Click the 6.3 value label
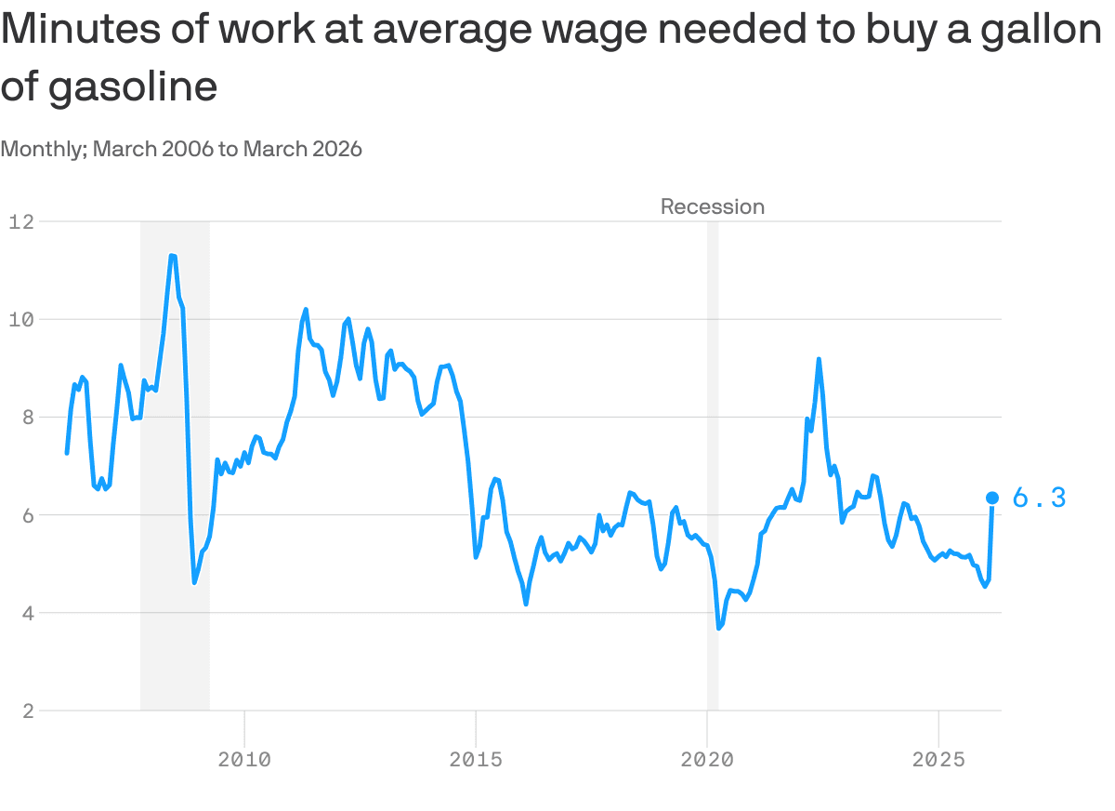pyautogui.click(x=1038, y=499)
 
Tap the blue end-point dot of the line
pyautogui.click(x=992, y=499)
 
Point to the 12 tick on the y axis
pyautogui.click(x=21, y=221)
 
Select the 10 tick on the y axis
pyautogui.click(x=21, y=319)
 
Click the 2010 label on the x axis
pyautogui.click(x=244, y=760)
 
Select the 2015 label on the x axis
pyautogui.click(x=476, y=760)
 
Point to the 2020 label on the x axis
pyautogui.click(x=707, y=760)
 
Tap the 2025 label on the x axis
pyautogui.click(x=938, y=760)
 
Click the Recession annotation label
pyautogui.click(x=713, y=206)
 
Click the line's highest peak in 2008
pyautogui.click(x=173, y=255)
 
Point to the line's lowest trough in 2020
pyautogui.click(x=719, y=629)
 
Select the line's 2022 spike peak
pyautogui.click(x=819, y=359)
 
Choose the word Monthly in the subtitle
pyautogui.click(x=42, y=149)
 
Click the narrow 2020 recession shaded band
pyautogui.click(x=713, y=465)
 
